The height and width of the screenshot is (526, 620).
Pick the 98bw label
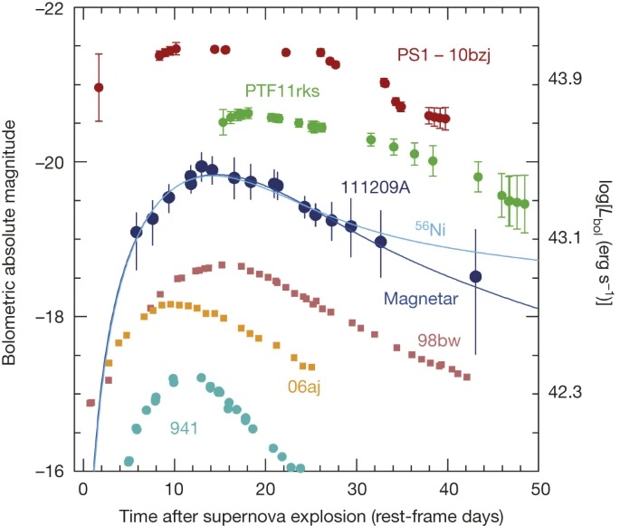coord(437,341)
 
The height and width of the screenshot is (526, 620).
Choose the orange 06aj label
coord(305,387)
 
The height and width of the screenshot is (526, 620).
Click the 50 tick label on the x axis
coord(540,490)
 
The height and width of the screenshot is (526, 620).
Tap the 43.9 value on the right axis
coord(569,80)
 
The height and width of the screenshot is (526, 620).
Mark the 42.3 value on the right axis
coord(569,393)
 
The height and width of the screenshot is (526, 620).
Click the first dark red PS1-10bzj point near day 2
coord(99,88)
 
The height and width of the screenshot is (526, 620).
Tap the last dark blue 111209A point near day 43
coord(476,276)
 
